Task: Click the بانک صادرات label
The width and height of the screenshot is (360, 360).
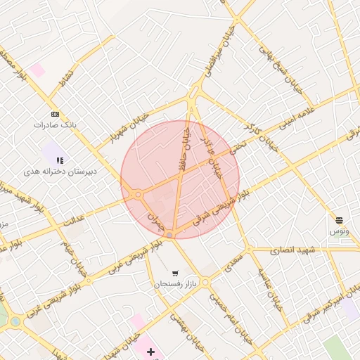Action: tap(54, 124)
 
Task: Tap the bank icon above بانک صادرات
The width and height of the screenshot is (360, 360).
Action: tap(55, 114)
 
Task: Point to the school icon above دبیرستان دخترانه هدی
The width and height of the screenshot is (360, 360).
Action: tap(60, 160)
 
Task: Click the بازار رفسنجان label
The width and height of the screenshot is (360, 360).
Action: tap(174, 284)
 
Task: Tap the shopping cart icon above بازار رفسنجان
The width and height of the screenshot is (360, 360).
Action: tap(174, 274)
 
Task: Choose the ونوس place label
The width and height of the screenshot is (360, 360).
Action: tap(340, 231)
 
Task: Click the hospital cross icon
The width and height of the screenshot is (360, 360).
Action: tap(150, 351)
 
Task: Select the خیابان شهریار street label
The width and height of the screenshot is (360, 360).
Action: tap(130, 124)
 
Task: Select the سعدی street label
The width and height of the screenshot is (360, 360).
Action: tap(235, 262)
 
